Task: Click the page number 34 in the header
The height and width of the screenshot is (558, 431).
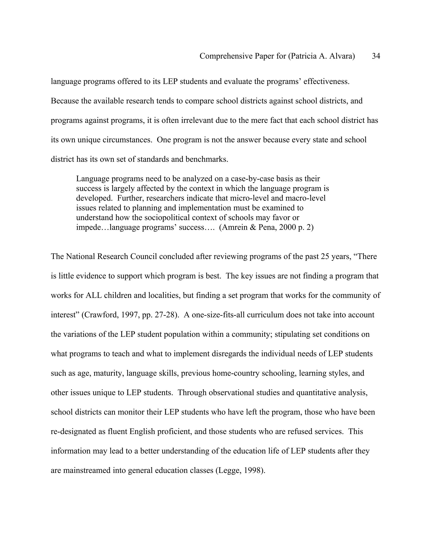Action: pos(376,56)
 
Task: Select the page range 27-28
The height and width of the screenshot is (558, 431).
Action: pos(163,315)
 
